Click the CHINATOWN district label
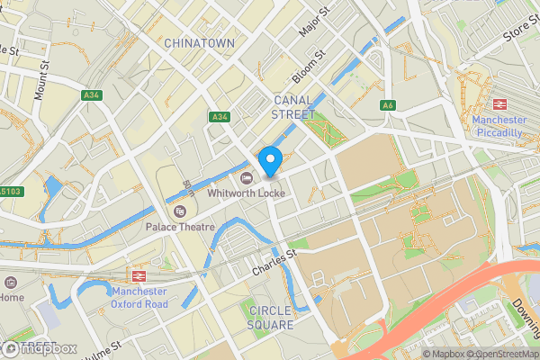(x=199, y=43)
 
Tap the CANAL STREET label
(x=293, y=107)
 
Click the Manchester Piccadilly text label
(x=499, y=126)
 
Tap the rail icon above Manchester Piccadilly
(x=499, y=103)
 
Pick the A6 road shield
(x=388, y=105)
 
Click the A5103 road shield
(x=11, y=191)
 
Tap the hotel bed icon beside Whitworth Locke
(x=247, y=175)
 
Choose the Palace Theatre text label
(x=181, y=227)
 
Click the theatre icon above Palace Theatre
(x=180, y=211)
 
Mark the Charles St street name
(x=274, y=262)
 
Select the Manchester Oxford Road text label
(x=139, y=297)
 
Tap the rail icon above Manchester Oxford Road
(x=139, y=275)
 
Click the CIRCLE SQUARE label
(x=270, y=317)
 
